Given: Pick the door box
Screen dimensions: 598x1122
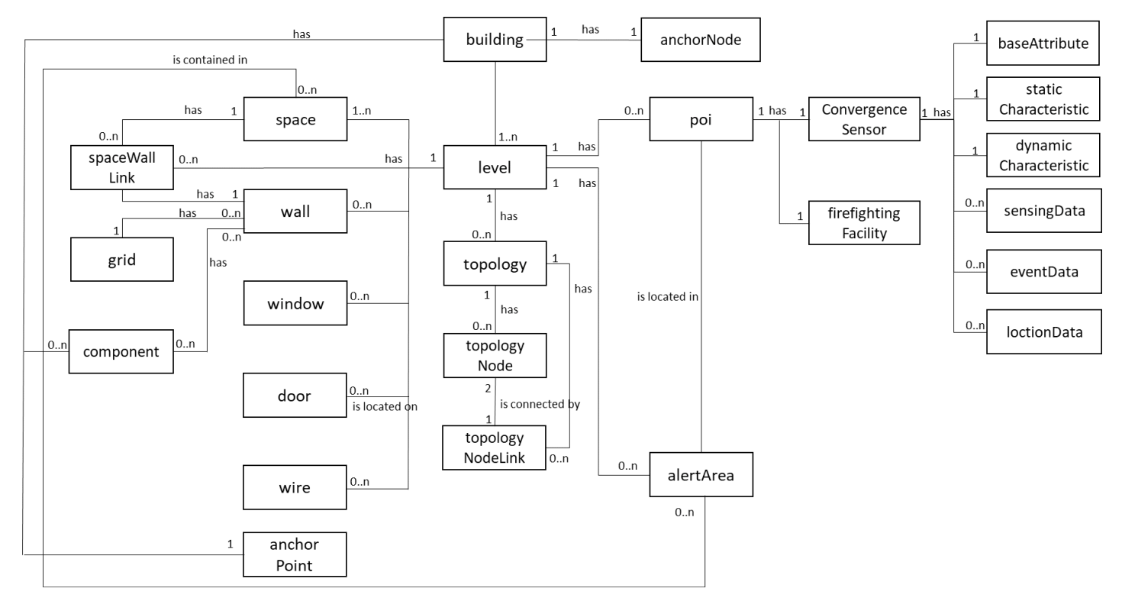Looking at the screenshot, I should pyautogui.click(x=295, y=396).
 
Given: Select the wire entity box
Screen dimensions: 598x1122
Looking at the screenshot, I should pyautogui.click(x=295, y=487).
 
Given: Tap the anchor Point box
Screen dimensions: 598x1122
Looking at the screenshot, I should pyautogui.click(x=295, y=554).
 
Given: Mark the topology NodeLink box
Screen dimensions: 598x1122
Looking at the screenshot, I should pyautogui.click(x=495, y=448).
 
